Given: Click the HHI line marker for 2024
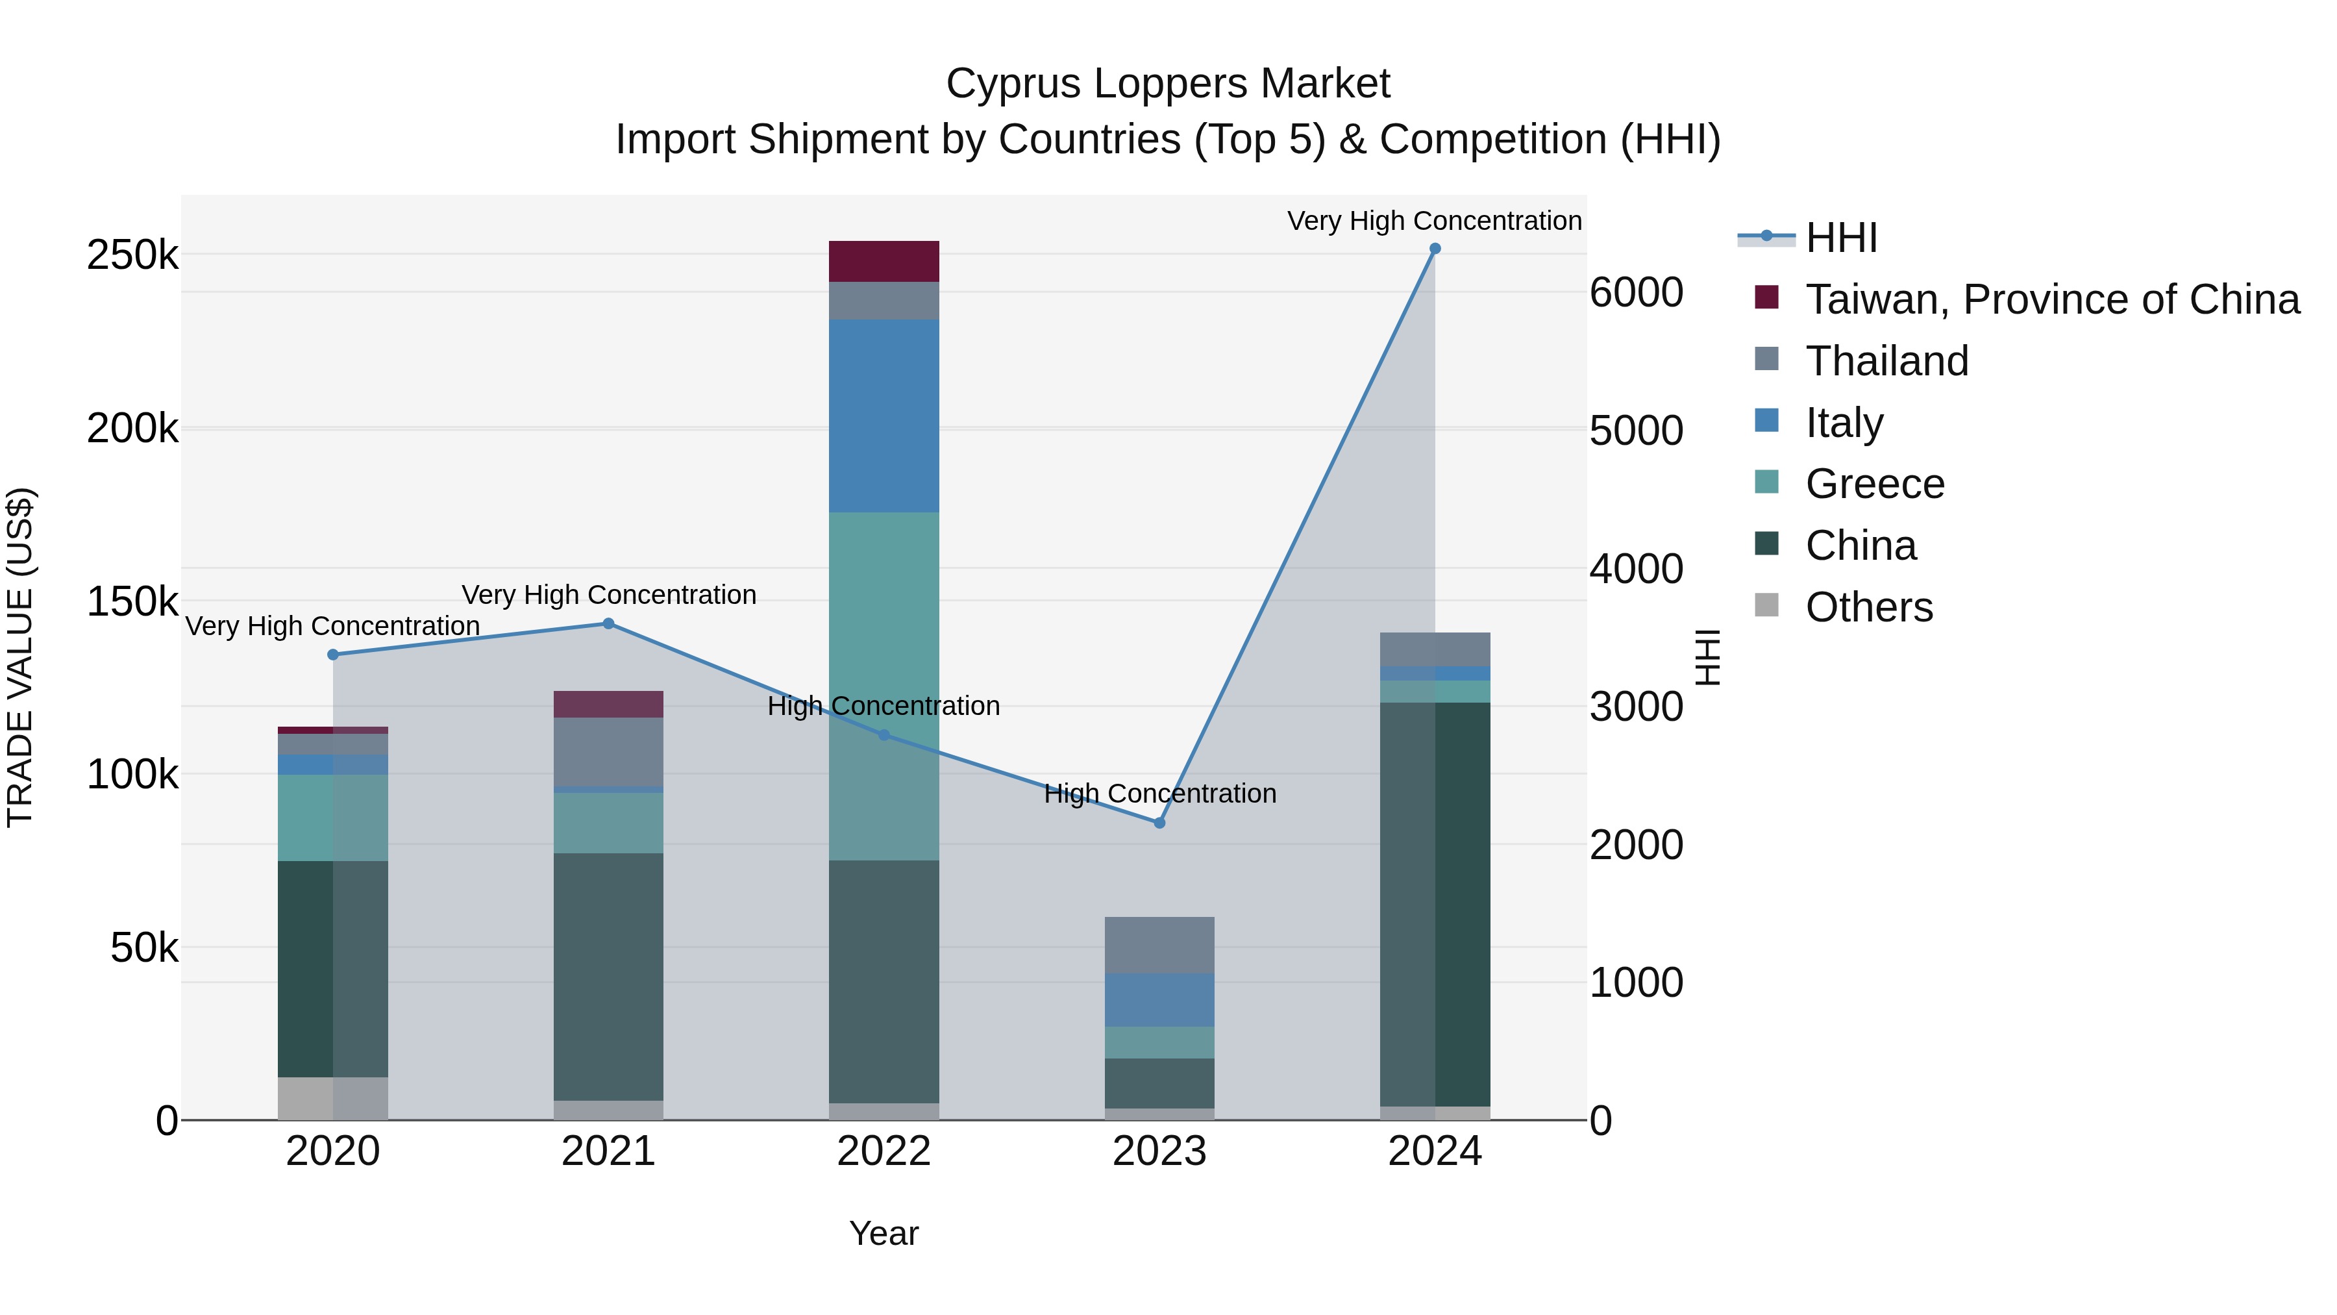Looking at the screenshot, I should (1434, 249).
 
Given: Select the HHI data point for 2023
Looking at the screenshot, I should (1159, 823).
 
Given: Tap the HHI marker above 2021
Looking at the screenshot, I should (609, 623).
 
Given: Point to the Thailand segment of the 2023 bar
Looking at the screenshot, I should (1159, 945).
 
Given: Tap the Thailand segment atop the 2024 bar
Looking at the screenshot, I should (1434, 649).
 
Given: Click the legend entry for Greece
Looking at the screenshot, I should (1874, 484).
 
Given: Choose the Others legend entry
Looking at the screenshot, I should (1869, 607).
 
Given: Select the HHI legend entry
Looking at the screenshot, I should (1841, 238).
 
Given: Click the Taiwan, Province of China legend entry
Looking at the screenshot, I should (2052, 299).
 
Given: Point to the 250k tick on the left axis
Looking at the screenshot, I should (132, 255).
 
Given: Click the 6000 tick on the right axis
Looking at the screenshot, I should (1636, 292).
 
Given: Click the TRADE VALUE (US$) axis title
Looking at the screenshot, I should (20, 657).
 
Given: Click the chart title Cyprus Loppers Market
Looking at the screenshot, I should (1168, 84).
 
